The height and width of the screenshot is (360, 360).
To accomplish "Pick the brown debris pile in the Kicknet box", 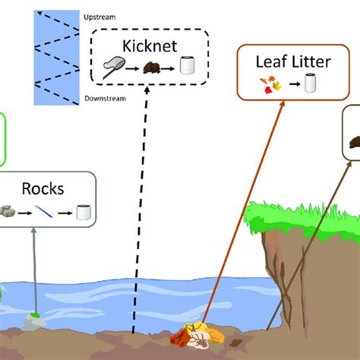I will tap(154, 69).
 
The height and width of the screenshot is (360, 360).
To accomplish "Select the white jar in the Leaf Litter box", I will tap(309, 84).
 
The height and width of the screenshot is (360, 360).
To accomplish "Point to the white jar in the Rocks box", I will tap(84, 212).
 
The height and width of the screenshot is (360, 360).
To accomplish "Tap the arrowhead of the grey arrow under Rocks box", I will tap(34, 232).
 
